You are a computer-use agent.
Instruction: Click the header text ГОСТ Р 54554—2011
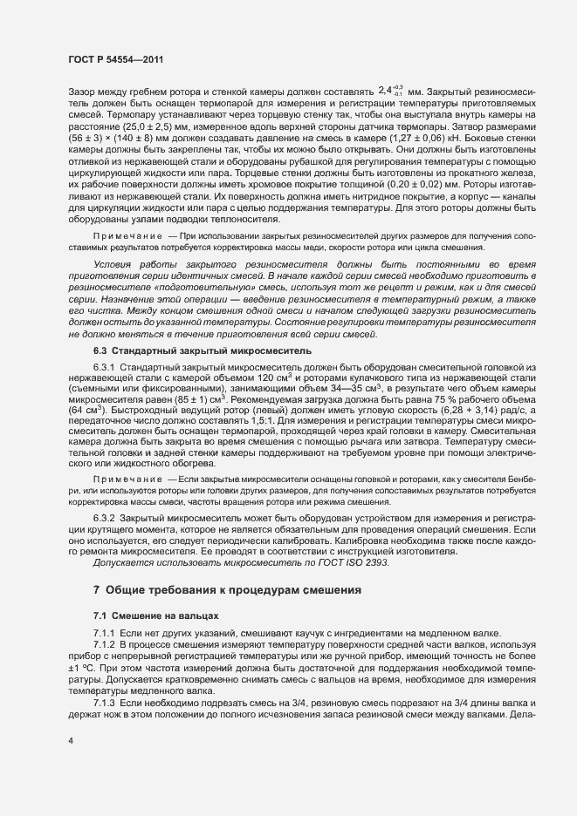115,58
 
